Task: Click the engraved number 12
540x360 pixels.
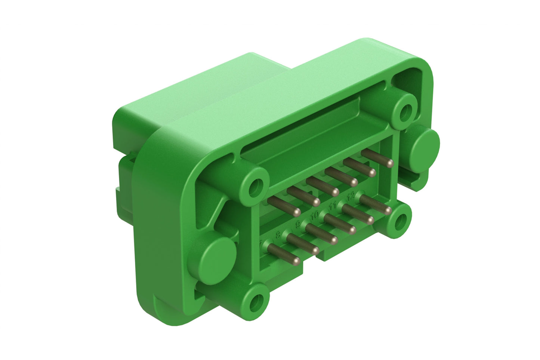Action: tap(351, 195)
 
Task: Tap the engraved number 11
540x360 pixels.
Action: tap(333, 205)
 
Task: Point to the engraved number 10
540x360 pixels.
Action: tap(315, 215)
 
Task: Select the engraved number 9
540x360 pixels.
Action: tap(298, 225)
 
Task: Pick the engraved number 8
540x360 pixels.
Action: tap(278, 235)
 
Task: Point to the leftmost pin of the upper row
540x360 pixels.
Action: tap(284, 206)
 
